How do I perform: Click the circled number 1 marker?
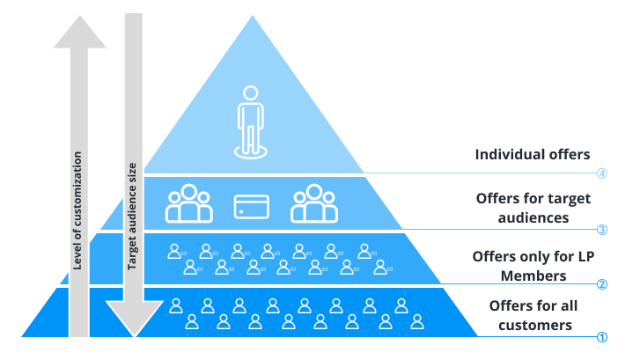click(602, 337)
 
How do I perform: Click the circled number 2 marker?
click(602, 284)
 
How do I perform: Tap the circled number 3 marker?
click(602, 231)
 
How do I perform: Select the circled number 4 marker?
click(602, 173)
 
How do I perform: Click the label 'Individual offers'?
click(532, 154)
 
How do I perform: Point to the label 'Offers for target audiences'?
click(532, 208)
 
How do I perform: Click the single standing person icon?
click(251, 122)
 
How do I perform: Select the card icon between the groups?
click(250, 206)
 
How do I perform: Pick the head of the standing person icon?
click(251, 92)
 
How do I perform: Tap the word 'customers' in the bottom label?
click(535, 326)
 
